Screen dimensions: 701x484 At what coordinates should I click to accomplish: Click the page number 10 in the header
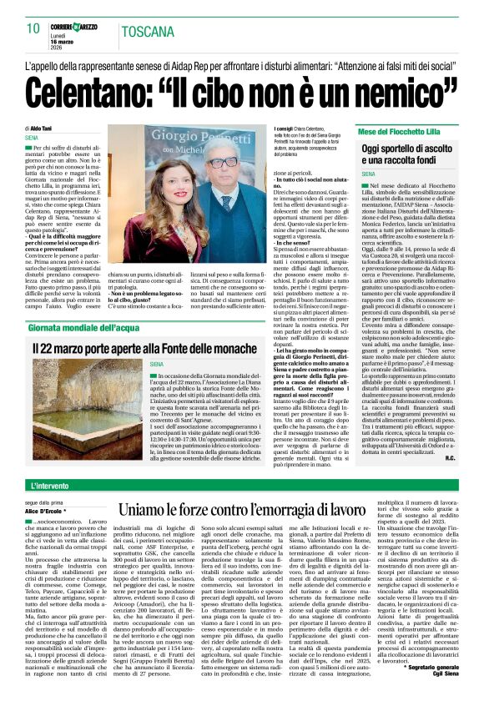coord(33,28)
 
